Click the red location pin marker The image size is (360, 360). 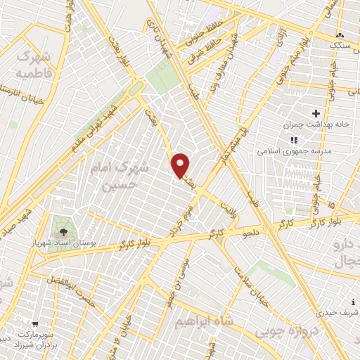tap(181, 165)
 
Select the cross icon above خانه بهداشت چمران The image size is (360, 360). tap(316, 112)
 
